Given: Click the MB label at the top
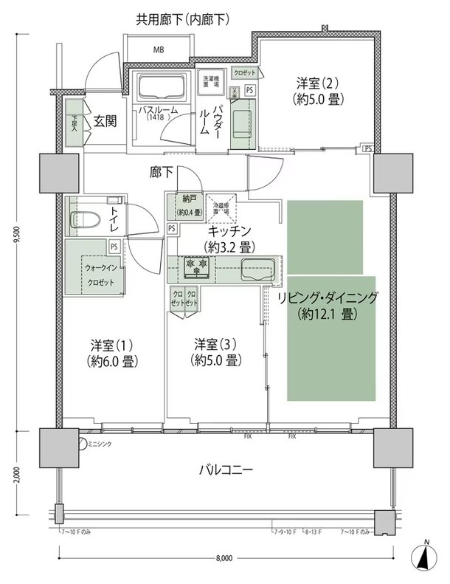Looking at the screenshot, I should pos(159,50).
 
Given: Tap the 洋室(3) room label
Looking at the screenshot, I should pos(215,352).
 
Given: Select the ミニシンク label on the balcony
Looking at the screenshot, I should pos(100,444).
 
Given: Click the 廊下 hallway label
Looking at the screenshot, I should pos(161,173).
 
